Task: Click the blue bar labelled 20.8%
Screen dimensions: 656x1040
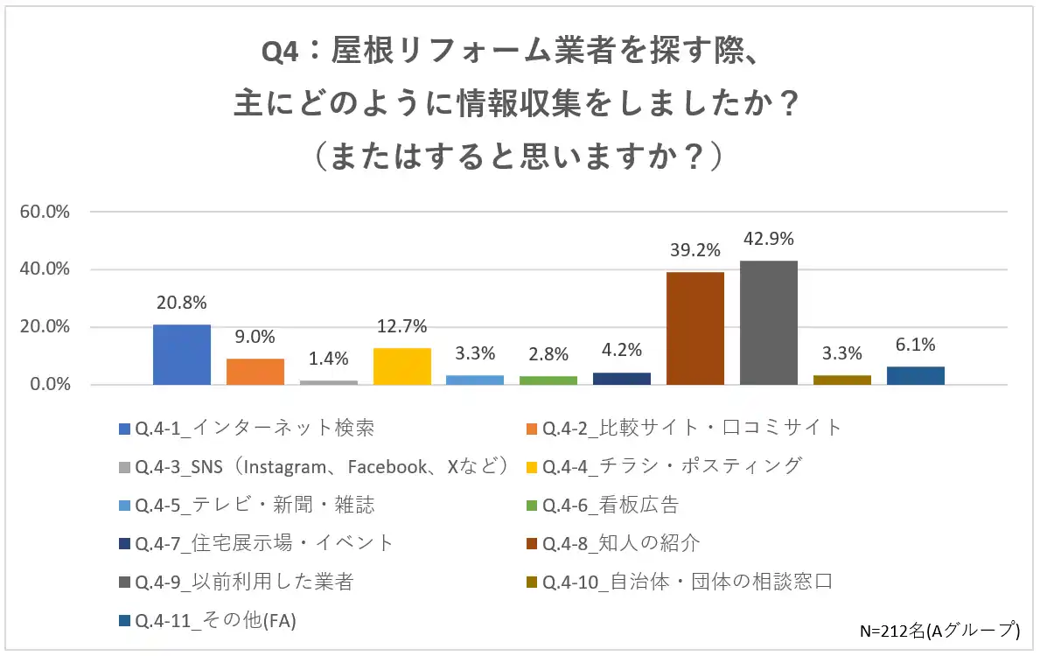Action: point(182,354)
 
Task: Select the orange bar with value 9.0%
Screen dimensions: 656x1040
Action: point(255,372)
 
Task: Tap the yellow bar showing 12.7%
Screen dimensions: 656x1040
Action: point(402,366)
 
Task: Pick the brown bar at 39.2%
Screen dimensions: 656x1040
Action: point(695,328)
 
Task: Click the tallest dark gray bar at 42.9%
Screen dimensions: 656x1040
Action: point(769,323)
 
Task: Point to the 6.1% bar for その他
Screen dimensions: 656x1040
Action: point(915,376)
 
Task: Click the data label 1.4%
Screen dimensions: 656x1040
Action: point(329,359)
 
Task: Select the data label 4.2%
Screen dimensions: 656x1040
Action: point(622,350)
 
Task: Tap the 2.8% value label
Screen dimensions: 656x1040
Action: point(548,354)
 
